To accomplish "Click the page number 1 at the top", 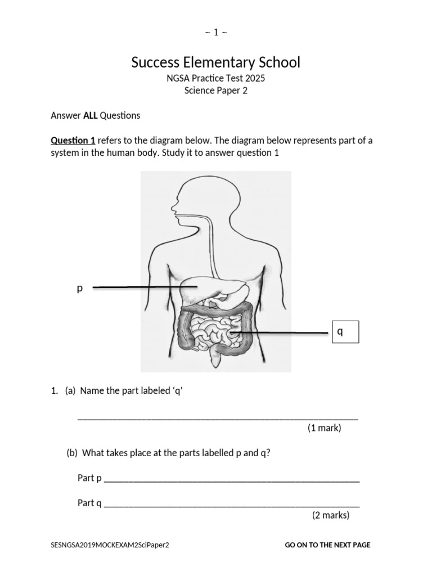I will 216,32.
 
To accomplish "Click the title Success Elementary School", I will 216,62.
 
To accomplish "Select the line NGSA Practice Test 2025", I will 216,78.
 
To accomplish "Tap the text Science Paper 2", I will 216,91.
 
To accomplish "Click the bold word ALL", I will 91,116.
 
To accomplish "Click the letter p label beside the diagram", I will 79,289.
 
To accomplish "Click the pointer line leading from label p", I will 141,287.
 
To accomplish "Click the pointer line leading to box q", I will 281,333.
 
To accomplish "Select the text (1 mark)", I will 324,429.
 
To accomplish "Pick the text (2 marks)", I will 331,515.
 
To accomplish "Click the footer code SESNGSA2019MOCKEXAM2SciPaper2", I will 110,545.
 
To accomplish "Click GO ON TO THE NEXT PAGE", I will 327,545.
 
